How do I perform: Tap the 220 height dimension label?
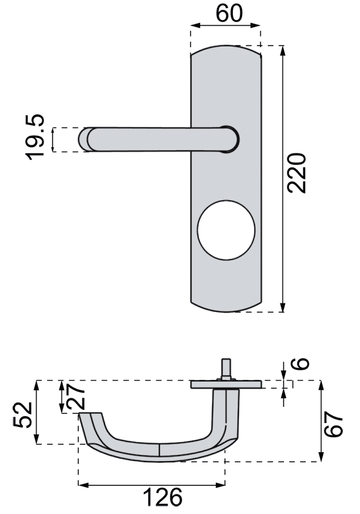pyautogui.click(x=296, y=173)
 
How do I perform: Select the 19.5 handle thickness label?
pyautogui.click(x=34, y=137)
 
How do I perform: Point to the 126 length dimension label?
pyautogui.click(x=163, y=497)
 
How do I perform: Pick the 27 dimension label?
pyautogui.click(x=76, y=397)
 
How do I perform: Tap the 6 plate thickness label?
pyautogui.click(x=300, y=363)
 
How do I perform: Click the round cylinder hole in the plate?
pyautogui.click(x=226, y=230)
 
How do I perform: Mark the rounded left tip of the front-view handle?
pyautogui.click(x=83, y=139)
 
